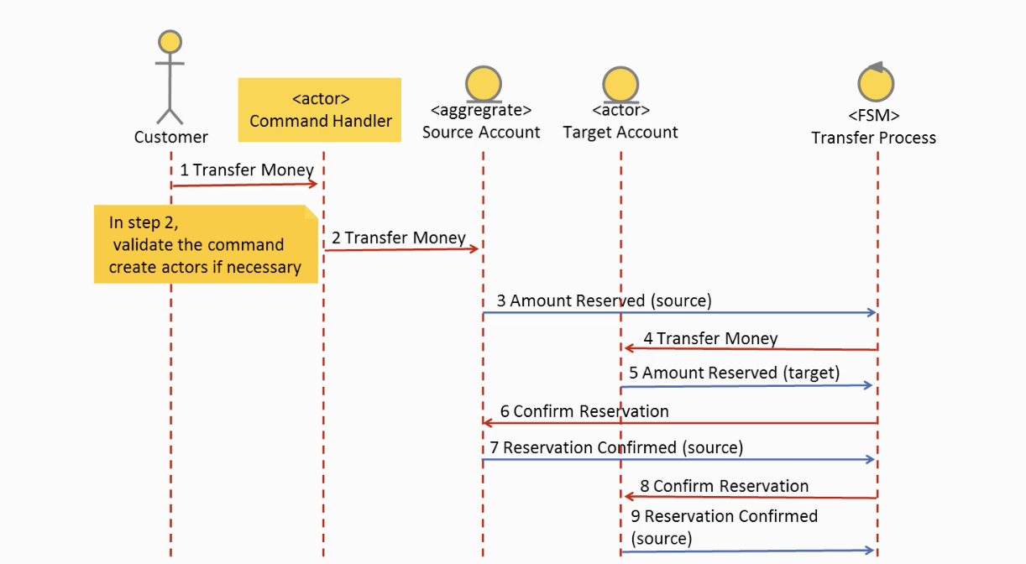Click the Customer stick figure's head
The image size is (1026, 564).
[170, 42]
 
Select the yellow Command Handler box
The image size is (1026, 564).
[320, 110]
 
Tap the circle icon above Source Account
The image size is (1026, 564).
[484, 84]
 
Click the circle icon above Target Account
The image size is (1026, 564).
[620, 85]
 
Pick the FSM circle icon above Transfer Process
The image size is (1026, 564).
[876, 83]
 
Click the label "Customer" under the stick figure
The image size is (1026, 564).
[170, 137]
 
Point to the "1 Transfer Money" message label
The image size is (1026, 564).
[246, 170]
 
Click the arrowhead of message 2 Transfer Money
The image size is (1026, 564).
[474, 248]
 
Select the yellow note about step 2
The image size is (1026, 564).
[206, 244]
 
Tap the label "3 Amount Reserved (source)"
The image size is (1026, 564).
[605, 300]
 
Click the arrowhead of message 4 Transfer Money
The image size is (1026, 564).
[630, 348]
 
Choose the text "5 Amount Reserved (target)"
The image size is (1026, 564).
[734, 373]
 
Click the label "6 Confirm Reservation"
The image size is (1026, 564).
[584, 411]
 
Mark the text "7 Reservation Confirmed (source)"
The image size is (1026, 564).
[616, 447]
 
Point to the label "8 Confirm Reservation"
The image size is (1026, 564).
[724, 486]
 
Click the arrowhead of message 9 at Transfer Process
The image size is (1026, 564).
[869, 551]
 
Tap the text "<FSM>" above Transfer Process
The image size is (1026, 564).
[874, 115]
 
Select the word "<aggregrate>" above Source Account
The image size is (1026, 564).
[481, 110]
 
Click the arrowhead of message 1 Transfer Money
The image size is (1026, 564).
[312, 184]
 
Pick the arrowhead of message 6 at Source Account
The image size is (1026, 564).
[489, 422]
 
